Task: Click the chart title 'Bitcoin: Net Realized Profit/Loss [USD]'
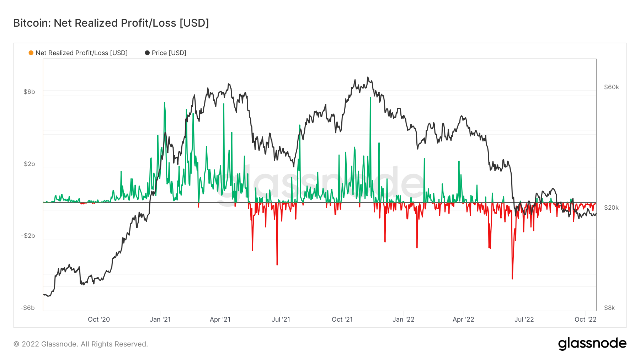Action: [x=111, y=23]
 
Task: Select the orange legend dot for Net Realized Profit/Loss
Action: [x=31, y=53]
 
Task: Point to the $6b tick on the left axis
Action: [x=29, y=92]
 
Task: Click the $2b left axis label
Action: [x=29, y=164]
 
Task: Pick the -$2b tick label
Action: [x=28, y=236]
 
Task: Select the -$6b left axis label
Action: [x=28, y=308]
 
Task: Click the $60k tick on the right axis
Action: [x=611, y=87]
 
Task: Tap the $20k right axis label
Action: [x=611, y=208]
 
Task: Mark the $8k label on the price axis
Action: [x=609, y=308]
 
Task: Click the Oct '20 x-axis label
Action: [x=99, y=319]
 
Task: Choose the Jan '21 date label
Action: [x=160, y=319]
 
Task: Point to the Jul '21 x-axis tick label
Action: [x=281, y=319]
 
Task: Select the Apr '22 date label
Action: [x=463, y=319]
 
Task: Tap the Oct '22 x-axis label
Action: [x=585, y=319]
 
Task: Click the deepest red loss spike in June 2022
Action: [x=512, y=278]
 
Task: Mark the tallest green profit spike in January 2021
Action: [x=164, y=103]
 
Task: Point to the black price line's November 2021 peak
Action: [x=368, y=77]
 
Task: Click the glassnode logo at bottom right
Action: [x=592, y=344]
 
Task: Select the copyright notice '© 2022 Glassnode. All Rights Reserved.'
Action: [x=81, y=344]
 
